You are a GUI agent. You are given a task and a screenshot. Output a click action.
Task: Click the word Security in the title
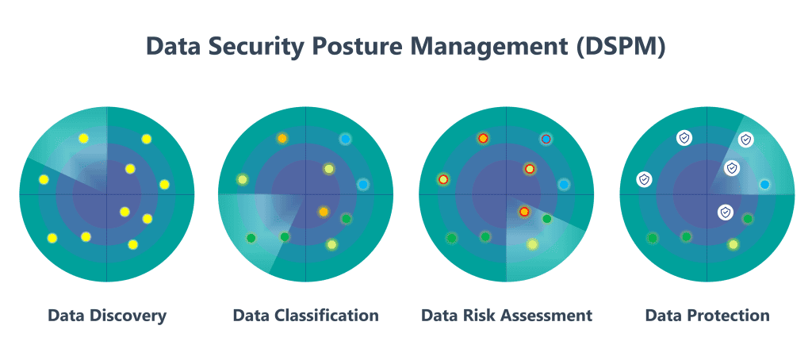pos(252,47)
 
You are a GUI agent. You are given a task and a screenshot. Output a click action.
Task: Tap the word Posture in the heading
pos(362,47)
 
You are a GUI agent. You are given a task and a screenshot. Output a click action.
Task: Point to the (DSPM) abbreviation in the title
pos(620,47)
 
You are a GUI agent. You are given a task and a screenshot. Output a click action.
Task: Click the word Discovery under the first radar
pos(127,316)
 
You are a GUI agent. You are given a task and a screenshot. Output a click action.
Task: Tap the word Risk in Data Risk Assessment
pos(479,316)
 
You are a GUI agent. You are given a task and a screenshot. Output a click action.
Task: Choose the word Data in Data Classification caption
pos(250,316)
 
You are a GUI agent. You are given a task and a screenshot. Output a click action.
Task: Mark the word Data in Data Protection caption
pos(663,316)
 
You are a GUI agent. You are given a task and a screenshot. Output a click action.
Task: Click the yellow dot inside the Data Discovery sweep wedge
pos(83,139)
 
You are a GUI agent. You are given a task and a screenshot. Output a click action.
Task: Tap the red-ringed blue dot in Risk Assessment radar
pos(546,139)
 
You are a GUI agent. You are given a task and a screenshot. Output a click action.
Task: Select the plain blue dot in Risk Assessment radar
pos(564,185)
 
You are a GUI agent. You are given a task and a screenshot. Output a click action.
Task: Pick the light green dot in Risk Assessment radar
pos(532,244)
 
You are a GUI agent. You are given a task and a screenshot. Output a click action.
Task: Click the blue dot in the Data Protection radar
pos(764,185)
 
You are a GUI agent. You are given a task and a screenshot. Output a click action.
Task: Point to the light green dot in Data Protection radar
pos(733,244)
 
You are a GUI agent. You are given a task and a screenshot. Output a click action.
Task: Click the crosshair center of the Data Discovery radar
pos(107,193)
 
